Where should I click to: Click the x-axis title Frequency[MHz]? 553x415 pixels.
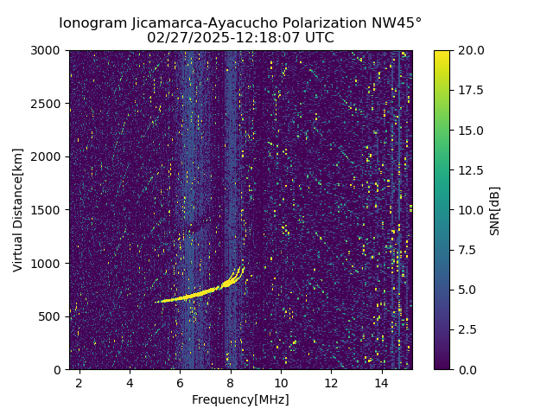point(240,399)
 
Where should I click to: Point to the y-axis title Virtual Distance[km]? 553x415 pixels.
point(18,210)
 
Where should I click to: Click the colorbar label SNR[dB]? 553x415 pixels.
point(494,210)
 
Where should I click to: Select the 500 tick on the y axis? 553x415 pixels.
point(52,316)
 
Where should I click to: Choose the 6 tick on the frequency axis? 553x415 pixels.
point(180,382)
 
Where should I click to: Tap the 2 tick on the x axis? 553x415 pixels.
point(79,382)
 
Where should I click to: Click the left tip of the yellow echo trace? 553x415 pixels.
point(156,302)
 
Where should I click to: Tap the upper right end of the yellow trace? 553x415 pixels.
point(244,267)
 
